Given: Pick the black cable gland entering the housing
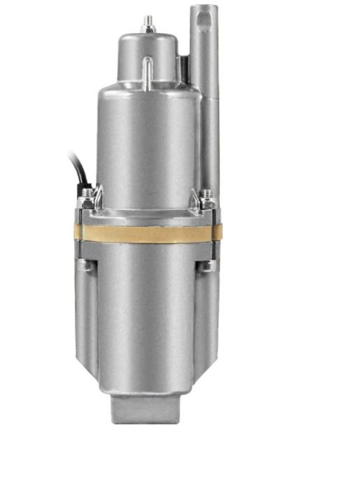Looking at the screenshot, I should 87,191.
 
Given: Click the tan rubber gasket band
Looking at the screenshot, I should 147,233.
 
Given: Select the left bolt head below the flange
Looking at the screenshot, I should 85,265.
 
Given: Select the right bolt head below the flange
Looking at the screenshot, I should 208,265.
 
